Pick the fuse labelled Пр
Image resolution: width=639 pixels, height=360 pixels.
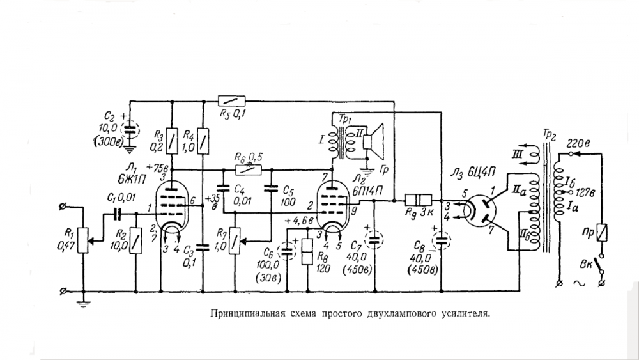[603, 233]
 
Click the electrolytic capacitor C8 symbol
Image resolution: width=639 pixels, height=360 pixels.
[442, 240]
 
